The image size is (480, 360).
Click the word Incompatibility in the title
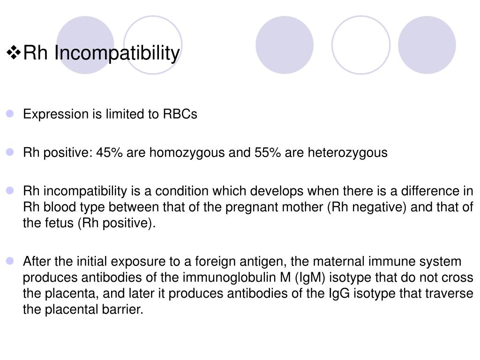pyautogui.click(x=116, y=53)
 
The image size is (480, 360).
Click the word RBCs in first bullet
pyautogui.click(x=180, y=114)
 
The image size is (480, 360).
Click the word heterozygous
pyautogui.click(x=347, y=153)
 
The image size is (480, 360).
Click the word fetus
pyautogui.click(x=59, y=223)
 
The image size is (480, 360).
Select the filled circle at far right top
pyautogui.click(x=427, y=45)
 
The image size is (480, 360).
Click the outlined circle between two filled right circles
pyautogui.click(x=361, y=45)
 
